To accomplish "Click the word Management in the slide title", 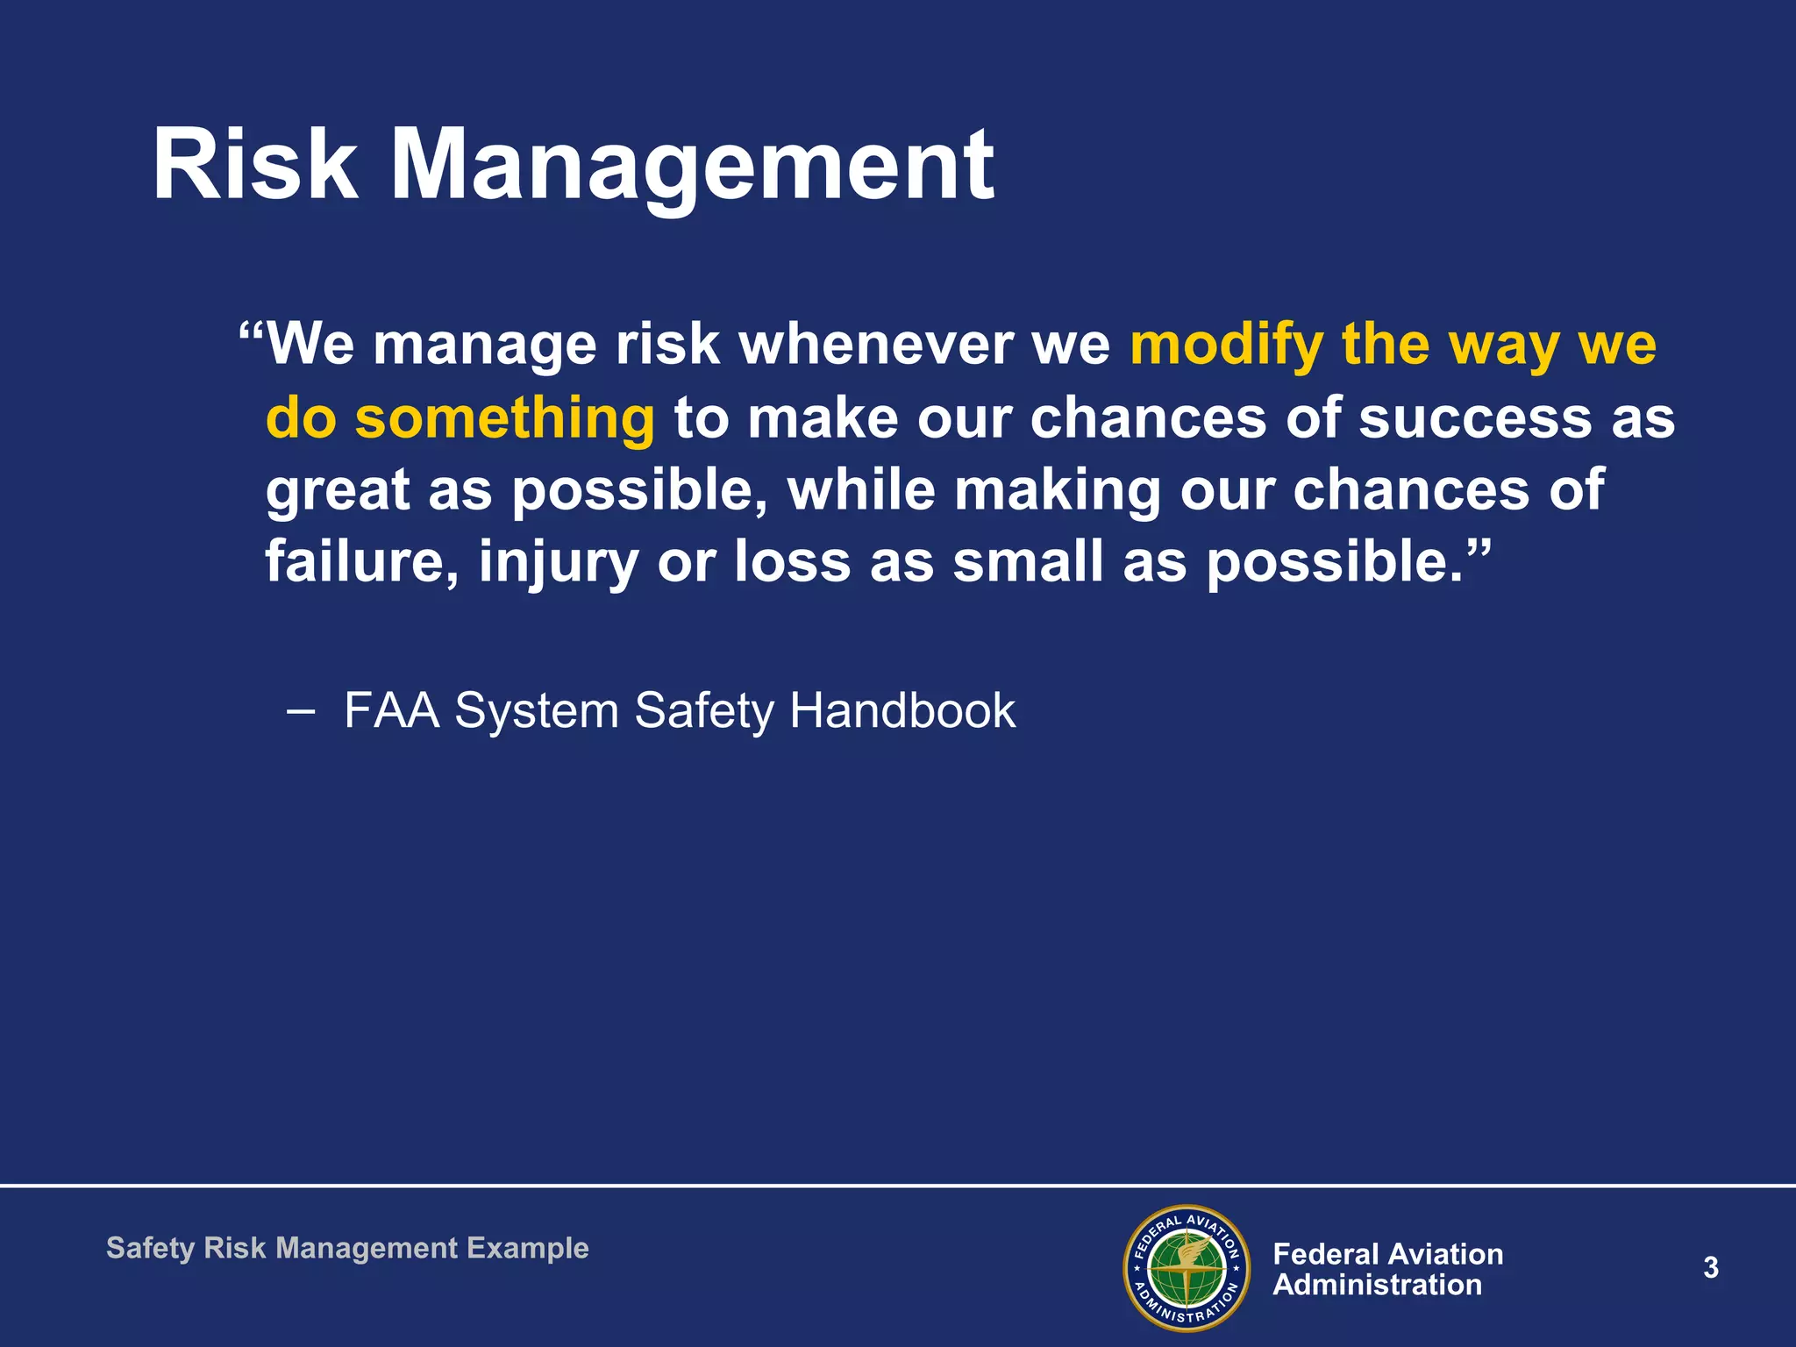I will coord(692,167).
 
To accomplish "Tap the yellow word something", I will coord(504,417).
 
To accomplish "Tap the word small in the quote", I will coord(1027,561).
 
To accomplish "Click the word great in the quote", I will coord(337,491).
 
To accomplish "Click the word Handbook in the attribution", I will coord(902,709).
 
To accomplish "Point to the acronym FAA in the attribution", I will coord(391,709).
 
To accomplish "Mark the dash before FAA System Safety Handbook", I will coord(300,710).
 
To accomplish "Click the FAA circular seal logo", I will coord(1187,1268).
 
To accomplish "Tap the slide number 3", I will coord(1710,1268).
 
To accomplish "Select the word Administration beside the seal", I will coord(1377,1285).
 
